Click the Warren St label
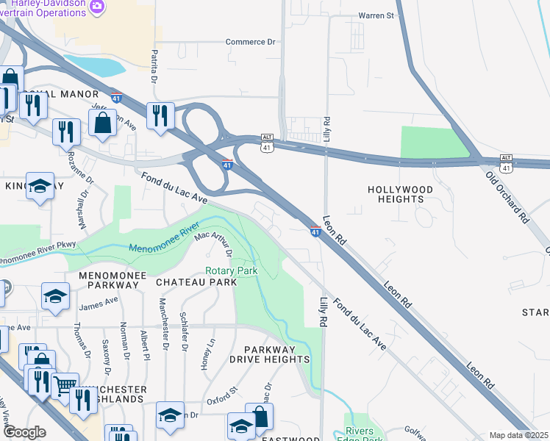pyautogui.click(x=376, y=15)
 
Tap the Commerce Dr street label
pyautogui.click(x=255, y=42)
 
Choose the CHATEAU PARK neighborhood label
pyautogui.click(x=196, y=282)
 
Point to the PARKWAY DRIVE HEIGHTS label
pyautogui.click(x=269, y=354)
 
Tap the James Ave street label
pyautogui.click(x=98, y=301)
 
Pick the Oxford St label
pyautogui.click(x=222, y=401)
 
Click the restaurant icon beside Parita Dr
pyautogui.click(x=158, y=115)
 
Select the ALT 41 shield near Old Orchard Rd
pyautogui.click(x=505, y=163)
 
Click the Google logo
pyautogui.click(x=24, y=432)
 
